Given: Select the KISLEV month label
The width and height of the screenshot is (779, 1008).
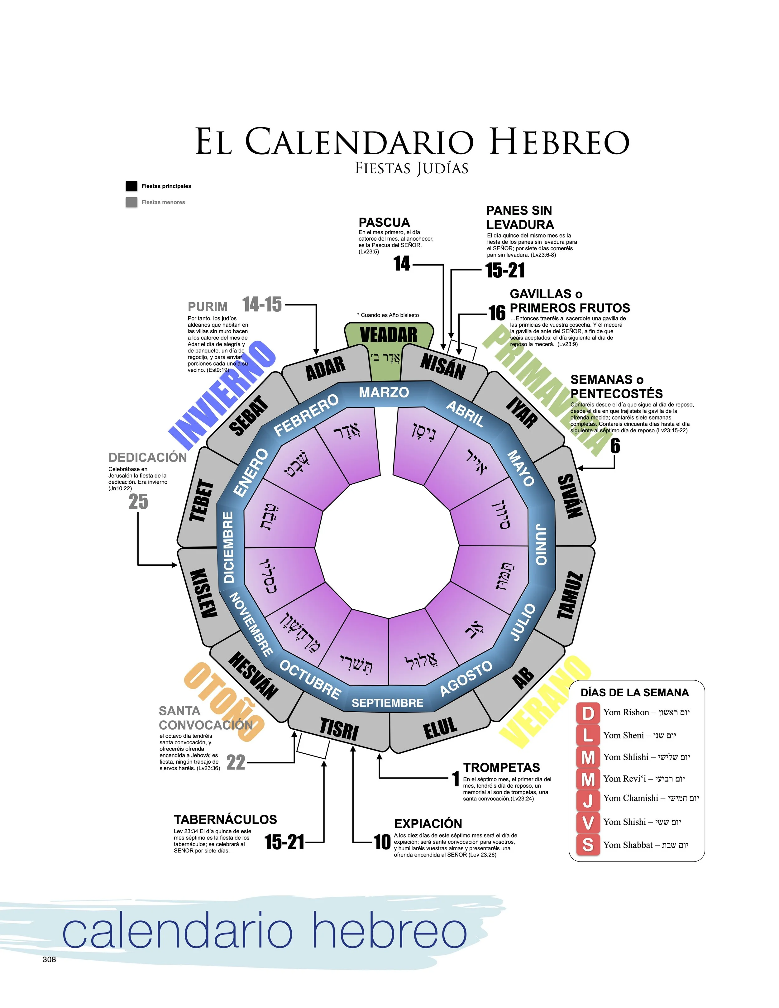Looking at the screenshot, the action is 203,593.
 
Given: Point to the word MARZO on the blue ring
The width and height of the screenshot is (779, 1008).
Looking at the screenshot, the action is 384,392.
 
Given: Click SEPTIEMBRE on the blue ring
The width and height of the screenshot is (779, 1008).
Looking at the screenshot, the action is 387,703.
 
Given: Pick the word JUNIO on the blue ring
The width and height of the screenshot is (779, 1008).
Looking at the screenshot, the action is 541,544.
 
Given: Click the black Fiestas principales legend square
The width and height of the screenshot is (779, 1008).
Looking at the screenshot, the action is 131,186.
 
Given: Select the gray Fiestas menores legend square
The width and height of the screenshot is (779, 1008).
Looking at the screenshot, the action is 131,202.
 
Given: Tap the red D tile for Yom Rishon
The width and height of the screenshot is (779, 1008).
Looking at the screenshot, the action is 587,713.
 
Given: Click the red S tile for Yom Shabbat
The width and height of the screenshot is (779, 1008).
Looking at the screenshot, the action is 587,845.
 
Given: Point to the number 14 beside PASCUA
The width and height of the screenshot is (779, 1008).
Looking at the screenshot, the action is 402,264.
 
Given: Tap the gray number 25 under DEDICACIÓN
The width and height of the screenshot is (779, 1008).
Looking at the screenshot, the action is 138,502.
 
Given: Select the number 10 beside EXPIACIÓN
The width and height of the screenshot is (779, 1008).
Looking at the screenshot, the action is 382,842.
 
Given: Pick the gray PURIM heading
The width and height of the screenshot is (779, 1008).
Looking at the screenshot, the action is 208,306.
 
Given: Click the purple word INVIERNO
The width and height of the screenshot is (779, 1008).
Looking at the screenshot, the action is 222,395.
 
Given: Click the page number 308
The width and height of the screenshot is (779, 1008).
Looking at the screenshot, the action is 49,960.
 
